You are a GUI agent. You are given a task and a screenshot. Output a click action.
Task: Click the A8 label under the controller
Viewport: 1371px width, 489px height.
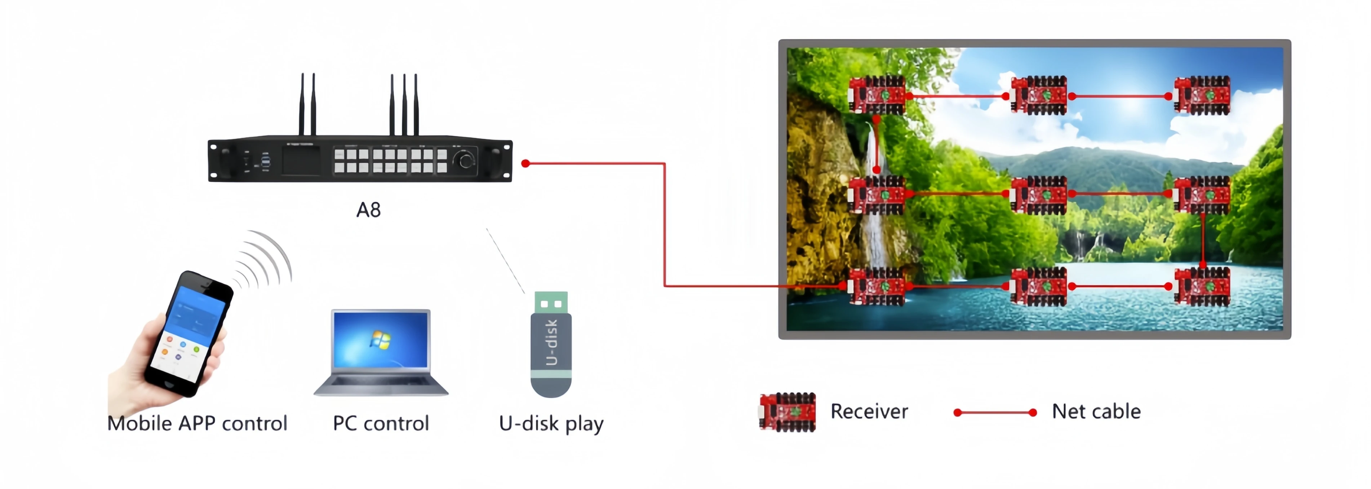pyautogui.click(x=368, y=210)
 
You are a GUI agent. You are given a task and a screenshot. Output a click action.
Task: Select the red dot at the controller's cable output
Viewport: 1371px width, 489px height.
pyautogui.click(x=526, y=163)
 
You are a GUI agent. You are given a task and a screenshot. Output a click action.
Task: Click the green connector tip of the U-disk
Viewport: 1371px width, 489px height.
pyautogui.click(x=551, y=303)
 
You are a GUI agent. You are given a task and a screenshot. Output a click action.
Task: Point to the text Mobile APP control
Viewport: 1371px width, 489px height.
pyautogui.click(x=197, y=423)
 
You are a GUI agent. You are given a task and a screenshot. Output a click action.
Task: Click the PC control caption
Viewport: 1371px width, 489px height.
pyautogui.click(x=381, y=423)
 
